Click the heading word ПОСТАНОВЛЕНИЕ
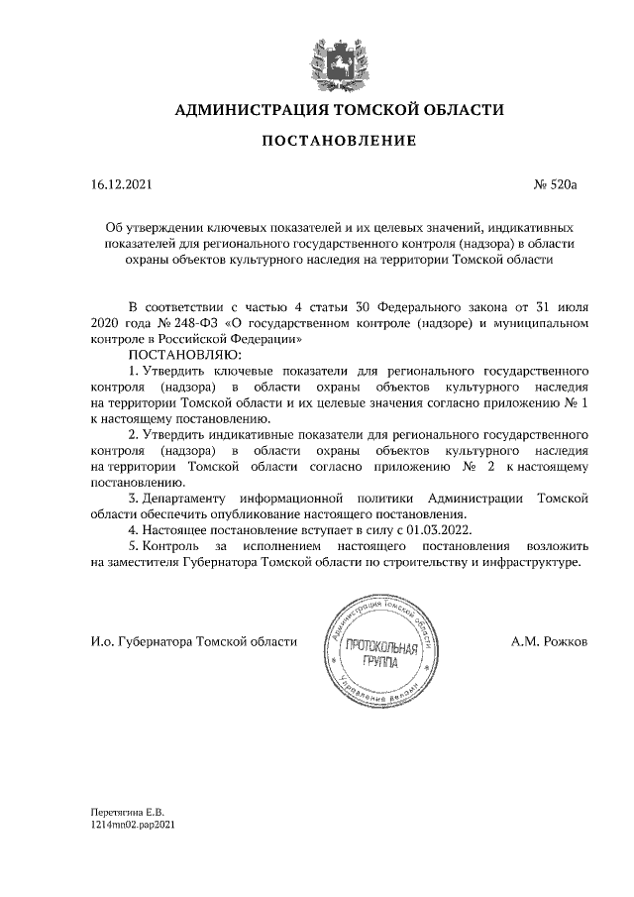coord(339,142)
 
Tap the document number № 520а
coord(562,184)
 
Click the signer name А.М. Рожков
coord(550,642)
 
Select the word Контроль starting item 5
coord(171,546)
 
